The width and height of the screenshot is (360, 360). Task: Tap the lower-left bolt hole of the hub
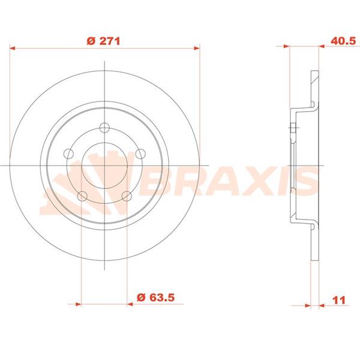pos(81,195)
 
